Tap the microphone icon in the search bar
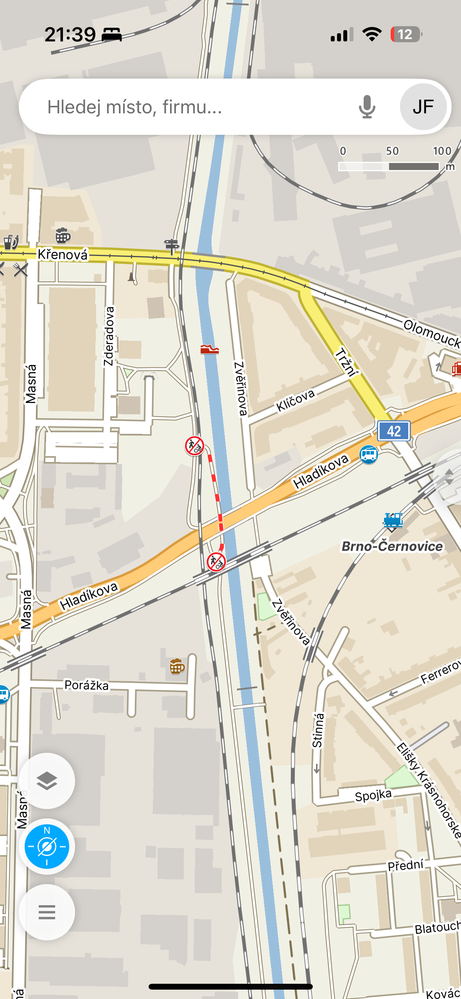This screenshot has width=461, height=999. tap(367, 107)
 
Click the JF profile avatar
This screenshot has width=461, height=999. tap(423, 107)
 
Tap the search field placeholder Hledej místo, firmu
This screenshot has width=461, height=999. tap(135, 107)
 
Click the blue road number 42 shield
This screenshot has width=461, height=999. tap(394, 431)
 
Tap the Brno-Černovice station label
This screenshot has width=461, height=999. tap(392, 546)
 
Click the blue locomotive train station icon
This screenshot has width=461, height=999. tap(393, 520)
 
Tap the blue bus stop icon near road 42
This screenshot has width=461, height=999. tap(368, 455)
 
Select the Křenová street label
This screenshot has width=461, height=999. tap(63, 254)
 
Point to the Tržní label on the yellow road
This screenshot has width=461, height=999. tap(346, 362)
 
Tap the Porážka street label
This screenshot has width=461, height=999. tap(86, 685)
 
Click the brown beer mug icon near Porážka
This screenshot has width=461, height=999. tap(177, 666)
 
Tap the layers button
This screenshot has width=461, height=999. tap(47, 781)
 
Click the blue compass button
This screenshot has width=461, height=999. tap(47, 847)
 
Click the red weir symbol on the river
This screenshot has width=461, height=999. tap(209, 349)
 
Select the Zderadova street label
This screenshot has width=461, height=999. tap(109, 336)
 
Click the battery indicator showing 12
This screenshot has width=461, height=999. tap(405, 34)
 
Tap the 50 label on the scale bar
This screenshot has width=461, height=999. tap(392, 151)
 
